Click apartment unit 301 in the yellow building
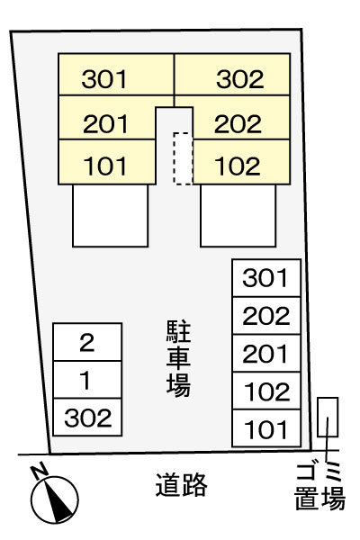(x=116, y=75)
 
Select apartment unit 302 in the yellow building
(x=232, y=75)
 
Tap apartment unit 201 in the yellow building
(x=107, y=118)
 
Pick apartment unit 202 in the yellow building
(x=241, y=118)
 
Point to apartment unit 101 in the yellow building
(x=107, y=162)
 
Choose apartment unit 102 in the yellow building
(x=241, y=162)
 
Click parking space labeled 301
(x=266, y=278)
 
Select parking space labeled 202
(x=266, y=316)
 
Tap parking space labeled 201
(x=266, y=353)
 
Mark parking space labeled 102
(x=266, y=391)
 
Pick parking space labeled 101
(x=266, y=428)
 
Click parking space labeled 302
(x=87, y=417)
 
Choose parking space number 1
(x=87, y=380)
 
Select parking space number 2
(x=87, y=342)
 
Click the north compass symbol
(x=54, y=499)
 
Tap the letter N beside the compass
(x=39, y=471)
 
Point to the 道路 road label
(x=181, y=484)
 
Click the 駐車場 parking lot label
(x=178, y=358)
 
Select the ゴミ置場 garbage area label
(x=319, y=486)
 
